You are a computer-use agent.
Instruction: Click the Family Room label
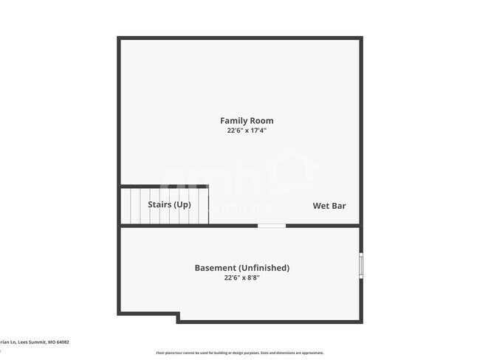point(247,120)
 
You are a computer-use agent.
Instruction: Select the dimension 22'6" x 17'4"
point(247,131)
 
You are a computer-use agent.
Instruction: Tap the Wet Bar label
point(329,206)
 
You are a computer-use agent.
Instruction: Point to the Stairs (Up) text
point(170,204)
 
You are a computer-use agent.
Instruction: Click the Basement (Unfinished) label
point(241,268)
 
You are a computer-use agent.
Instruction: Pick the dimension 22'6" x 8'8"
point(241,278)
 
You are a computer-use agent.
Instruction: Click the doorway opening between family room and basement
point(271,225)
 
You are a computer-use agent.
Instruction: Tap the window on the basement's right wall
point(360,266)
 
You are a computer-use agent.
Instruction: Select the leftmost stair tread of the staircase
point(126,206)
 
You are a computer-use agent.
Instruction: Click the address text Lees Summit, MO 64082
point(37,342)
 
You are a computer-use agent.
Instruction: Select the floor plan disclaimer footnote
point(239,353)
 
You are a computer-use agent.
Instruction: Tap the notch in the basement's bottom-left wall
point(178,316)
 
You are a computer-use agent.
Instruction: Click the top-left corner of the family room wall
point(120,38)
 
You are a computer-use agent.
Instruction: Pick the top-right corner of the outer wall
point(360,38)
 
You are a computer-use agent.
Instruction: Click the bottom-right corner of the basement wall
point(360,321)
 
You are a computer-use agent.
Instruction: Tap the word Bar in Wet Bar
point(338,206)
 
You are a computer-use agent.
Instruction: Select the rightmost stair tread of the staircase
point(203,206)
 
